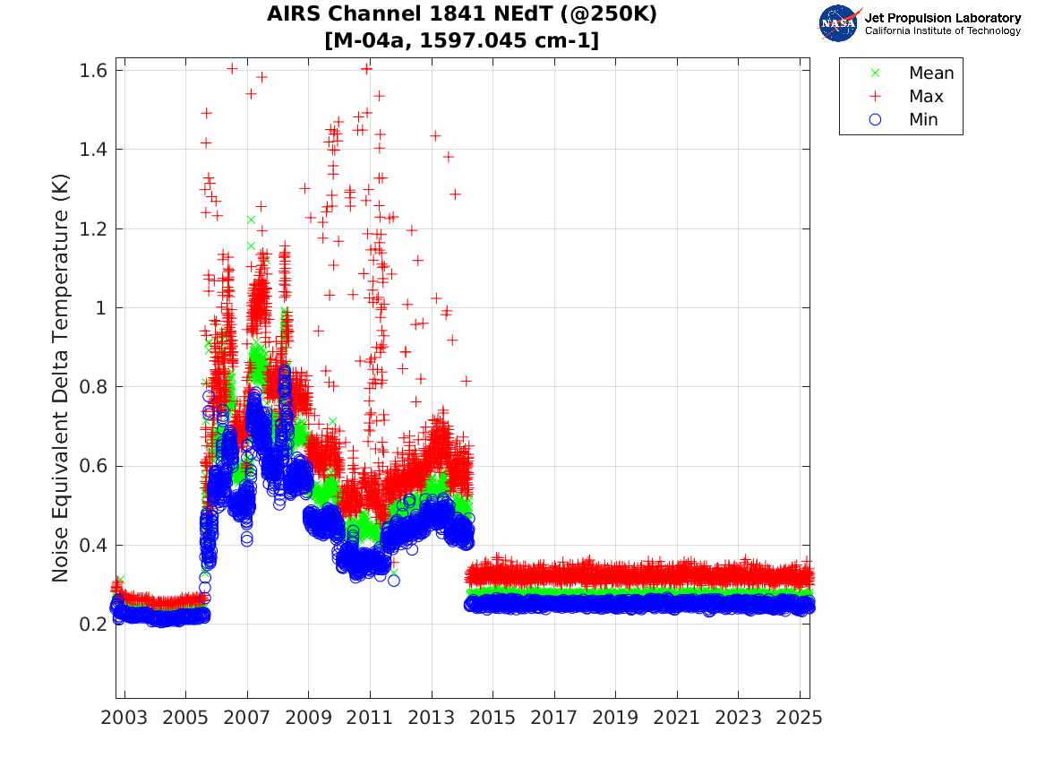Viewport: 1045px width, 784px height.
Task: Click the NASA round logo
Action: (x=839, y=23)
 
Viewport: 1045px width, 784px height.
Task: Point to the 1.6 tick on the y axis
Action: (x=93, y=70)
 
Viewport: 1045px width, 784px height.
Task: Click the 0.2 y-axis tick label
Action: (x=93, y=624)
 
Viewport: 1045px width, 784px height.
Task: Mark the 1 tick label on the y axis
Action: (x=101, y=308)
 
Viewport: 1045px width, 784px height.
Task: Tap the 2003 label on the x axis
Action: (x=124, y=718)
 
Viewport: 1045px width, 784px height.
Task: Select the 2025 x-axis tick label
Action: (x=800, y=718)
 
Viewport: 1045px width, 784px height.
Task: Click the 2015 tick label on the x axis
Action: (x=493, y=718)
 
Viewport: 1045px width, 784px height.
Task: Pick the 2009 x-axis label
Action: (x=309, y=718)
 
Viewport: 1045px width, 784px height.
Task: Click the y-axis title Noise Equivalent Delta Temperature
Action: (x=60, y=378)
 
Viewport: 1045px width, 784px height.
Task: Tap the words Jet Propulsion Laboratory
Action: (x=943, y=18)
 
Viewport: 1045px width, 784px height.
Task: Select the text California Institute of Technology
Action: (x=943, y=30)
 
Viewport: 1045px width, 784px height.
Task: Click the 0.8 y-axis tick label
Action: (x=93, y=387)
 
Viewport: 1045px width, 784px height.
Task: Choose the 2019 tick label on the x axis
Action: (x=615, y=718)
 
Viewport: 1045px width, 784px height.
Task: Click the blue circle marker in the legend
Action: (x=875, y=119)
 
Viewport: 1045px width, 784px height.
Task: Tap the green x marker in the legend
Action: (x=875, y=73)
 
